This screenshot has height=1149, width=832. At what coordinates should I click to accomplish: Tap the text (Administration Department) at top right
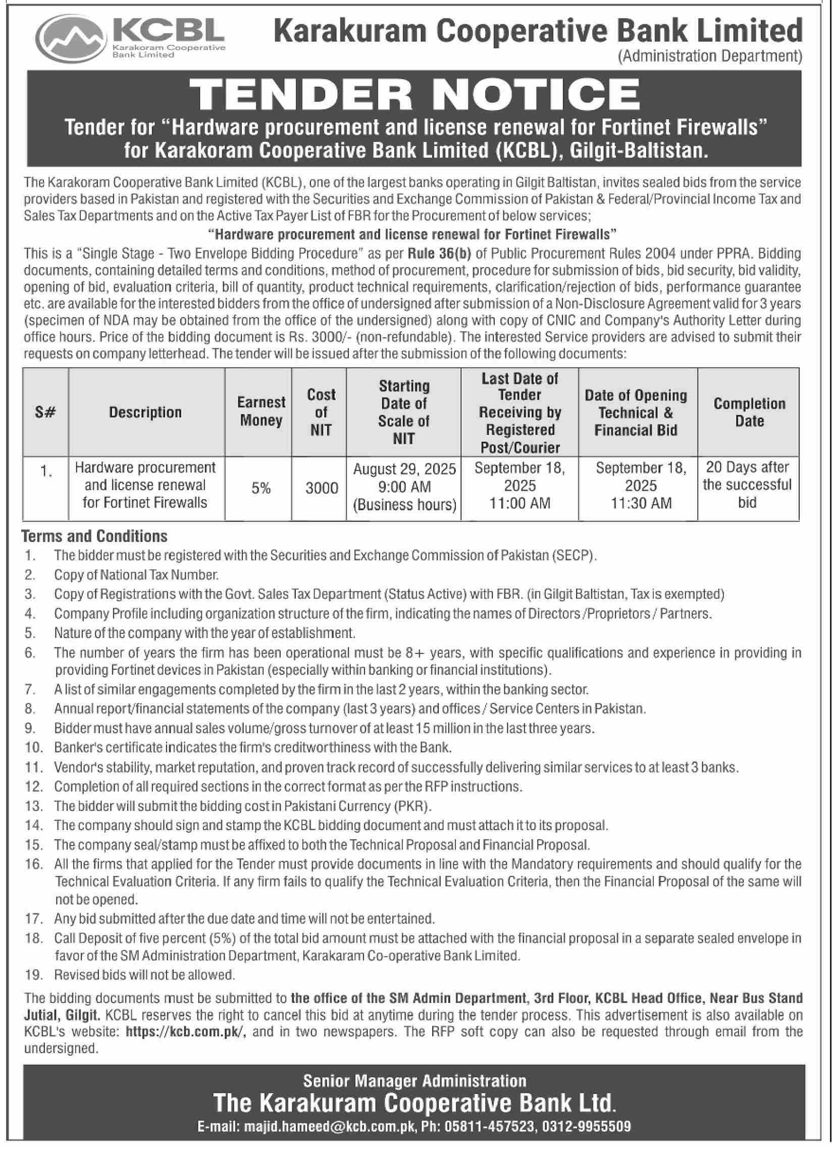(710, 56)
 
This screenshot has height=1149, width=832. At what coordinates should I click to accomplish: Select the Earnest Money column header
(261, 411)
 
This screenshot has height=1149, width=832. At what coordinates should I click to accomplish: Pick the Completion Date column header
(749, 412)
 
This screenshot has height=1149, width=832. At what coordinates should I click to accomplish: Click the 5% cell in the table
(261, 488)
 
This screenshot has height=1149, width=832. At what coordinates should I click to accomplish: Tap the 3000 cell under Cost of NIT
(321, 488)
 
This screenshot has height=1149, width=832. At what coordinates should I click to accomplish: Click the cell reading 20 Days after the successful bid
(747, 485)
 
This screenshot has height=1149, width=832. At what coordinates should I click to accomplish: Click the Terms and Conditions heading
(94, 536)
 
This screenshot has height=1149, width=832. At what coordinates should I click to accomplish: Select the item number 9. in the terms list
(30, 728)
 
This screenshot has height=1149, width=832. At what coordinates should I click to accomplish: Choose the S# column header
(46, 412)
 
